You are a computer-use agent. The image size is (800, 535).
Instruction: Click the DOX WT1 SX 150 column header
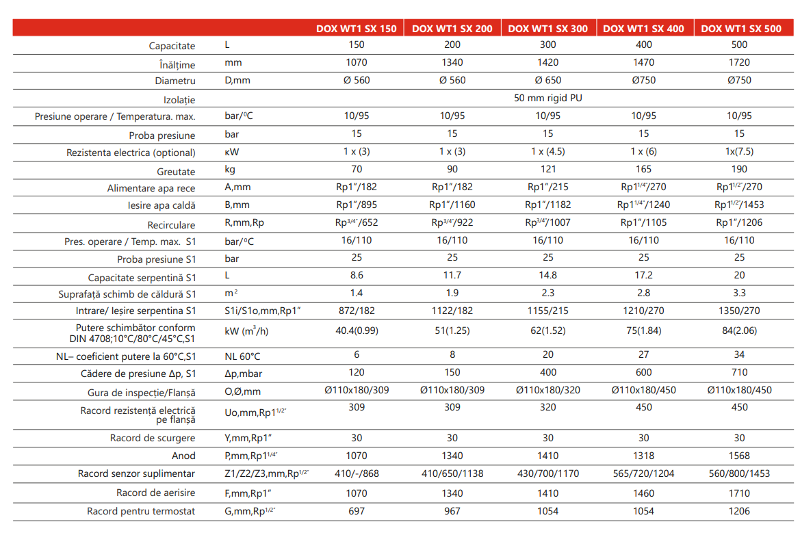(356, 29)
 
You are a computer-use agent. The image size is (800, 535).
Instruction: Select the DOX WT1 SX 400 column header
(643, 29)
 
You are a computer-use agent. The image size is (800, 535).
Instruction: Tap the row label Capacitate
(172, 46)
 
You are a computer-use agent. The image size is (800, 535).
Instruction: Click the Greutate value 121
(547, 169)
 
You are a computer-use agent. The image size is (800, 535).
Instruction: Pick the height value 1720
(739, 62)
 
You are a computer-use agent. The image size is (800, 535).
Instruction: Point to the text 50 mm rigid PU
(547, 98)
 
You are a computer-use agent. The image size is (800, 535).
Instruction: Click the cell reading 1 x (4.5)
(547, 151)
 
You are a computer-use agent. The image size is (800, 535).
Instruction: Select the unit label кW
(232, 151)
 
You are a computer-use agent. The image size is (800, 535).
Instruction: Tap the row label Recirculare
(171, 225)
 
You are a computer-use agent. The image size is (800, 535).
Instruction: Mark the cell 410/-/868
(356, 473)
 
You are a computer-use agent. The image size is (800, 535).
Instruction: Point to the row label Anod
(183, 456)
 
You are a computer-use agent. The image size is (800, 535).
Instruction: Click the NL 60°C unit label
(242, 356)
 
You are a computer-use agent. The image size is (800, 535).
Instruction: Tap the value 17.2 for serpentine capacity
(643, 275)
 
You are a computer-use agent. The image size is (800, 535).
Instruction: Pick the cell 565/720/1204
(643, 473)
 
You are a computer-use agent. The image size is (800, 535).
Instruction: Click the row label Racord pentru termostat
(141, 511)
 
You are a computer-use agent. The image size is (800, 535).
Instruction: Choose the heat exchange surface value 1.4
(356, 293)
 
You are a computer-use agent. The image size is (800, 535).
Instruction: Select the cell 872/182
(356, 311)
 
